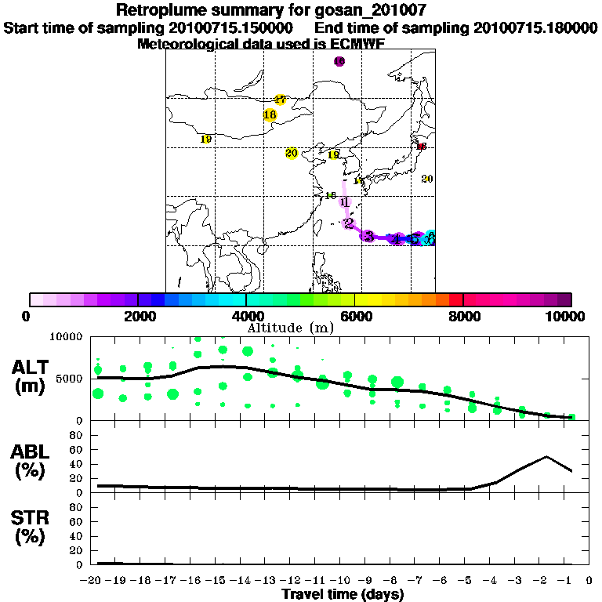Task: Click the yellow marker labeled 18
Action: point(270,115)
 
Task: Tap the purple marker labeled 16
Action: point(339,61)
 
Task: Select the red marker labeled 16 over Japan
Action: point(421,147)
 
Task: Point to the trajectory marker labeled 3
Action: point(368,236)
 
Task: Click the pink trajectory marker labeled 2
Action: point(348,223)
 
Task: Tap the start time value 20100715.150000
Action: point(232,27)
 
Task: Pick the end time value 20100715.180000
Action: point(536,27)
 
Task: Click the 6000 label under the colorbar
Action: point(355,316)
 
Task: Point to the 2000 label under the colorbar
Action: point(137,316)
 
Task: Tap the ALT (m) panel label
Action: point(33,375)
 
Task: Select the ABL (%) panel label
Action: point(33,462)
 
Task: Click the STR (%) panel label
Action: point(33,528)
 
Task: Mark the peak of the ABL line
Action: point(546,456)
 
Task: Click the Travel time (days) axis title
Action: point(343,595)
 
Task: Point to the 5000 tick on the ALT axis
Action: point(72,379)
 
